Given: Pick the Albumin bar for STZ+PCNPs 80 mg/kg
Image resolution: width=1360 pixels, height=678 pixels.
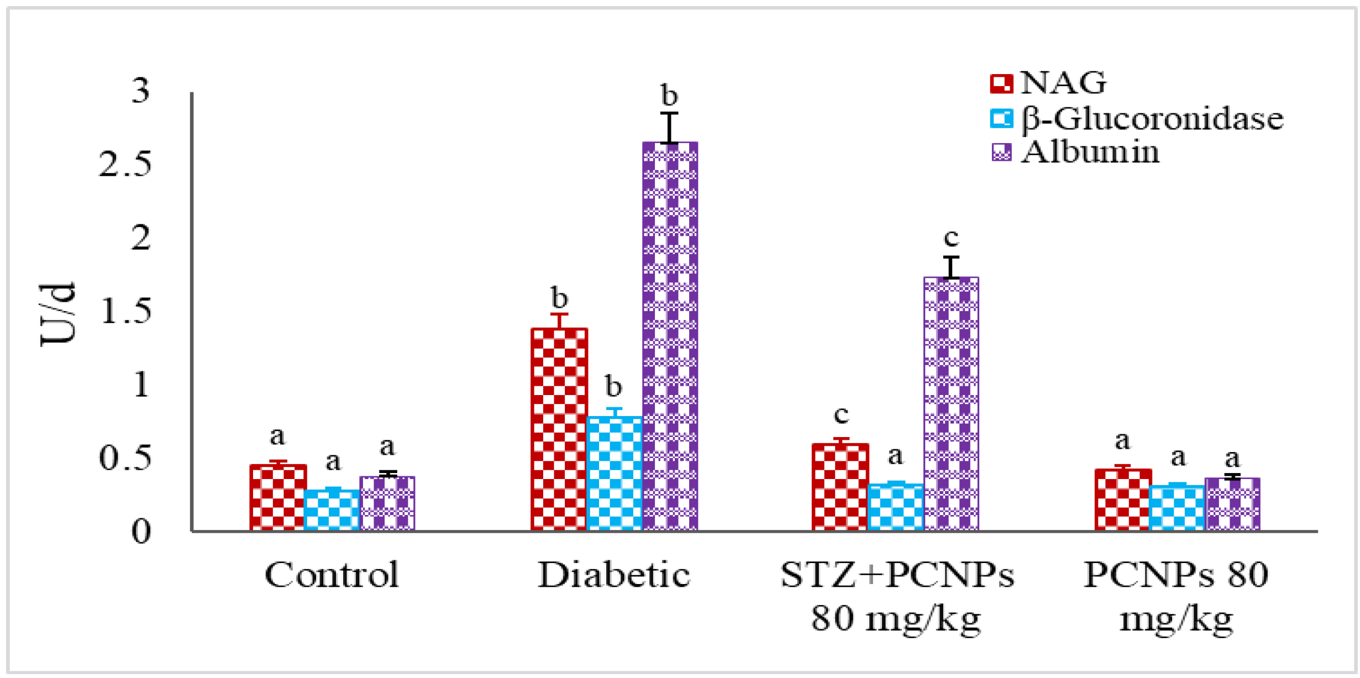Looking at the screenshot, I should pos(951,403).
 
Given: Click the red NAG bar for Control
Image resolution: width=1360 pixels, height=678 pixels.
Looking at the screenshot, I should pos(277,497).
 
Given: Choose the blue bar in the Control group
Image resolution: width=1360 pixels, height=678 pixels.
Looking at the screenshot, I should pos(332,509).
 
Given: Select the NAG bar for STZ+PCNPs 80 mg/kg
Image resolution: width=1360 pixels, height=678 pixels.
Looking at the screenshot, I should pos(840,487).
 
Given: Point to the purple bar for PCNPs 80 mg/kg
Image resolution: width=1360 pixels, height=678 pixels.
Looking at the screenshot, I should pos(1232,504).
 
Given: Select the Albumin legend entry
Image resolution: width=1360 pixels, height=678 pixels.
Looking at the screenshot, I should pos(1075,152).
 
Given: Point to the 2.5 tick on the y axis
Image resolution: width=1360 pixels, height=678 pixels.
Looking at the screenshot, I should pos(125,165).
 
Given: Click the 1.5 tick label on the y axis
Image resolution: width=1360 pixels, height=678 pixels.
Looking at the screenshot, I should pos(125,311).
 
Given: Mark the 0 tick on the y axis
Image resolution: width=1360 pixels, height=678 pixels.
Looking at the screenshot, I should pos(141,532).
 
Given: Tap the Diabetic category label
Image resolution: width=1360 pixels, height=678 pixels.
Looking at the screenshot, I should pos(614,575).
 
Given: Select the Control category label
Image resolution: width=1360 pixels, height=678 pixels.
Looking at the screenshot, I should pos(332,575).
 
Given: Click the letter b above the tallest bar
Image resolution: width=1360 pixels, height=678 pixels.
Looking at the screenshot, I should pos(669,96).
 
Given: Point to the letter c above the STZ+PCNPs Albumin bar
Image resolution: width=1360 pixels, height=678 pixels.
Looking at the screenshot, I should pos(951,238).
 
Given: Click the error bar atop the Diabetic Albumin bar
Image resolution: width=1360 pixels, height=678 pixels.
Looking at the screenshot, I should pos(669,128).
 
